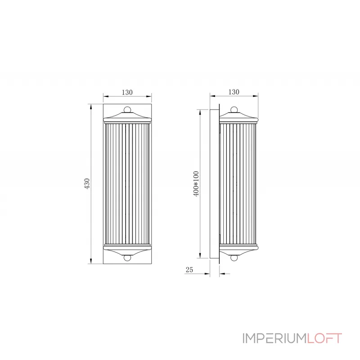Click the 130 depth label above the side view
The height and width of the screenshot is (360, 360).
tap(234, 92)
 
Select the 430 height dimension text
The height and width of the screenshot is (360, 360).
tap(88, 184)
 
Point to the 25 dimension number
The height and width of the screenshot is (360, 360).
tap(189, 270)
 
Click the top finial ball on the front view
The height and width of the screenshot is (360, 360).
tap(127, 109)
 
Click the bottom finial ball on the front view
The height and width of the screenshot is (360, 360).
tap(127, 258)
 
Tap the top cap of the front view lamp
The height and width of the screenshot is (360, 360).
tap(127, 118)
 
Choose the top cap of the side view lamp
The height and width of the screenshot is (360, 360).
tap(238, 118)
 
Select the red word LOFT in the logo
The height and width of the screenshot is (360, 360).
tap(324, 338)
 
